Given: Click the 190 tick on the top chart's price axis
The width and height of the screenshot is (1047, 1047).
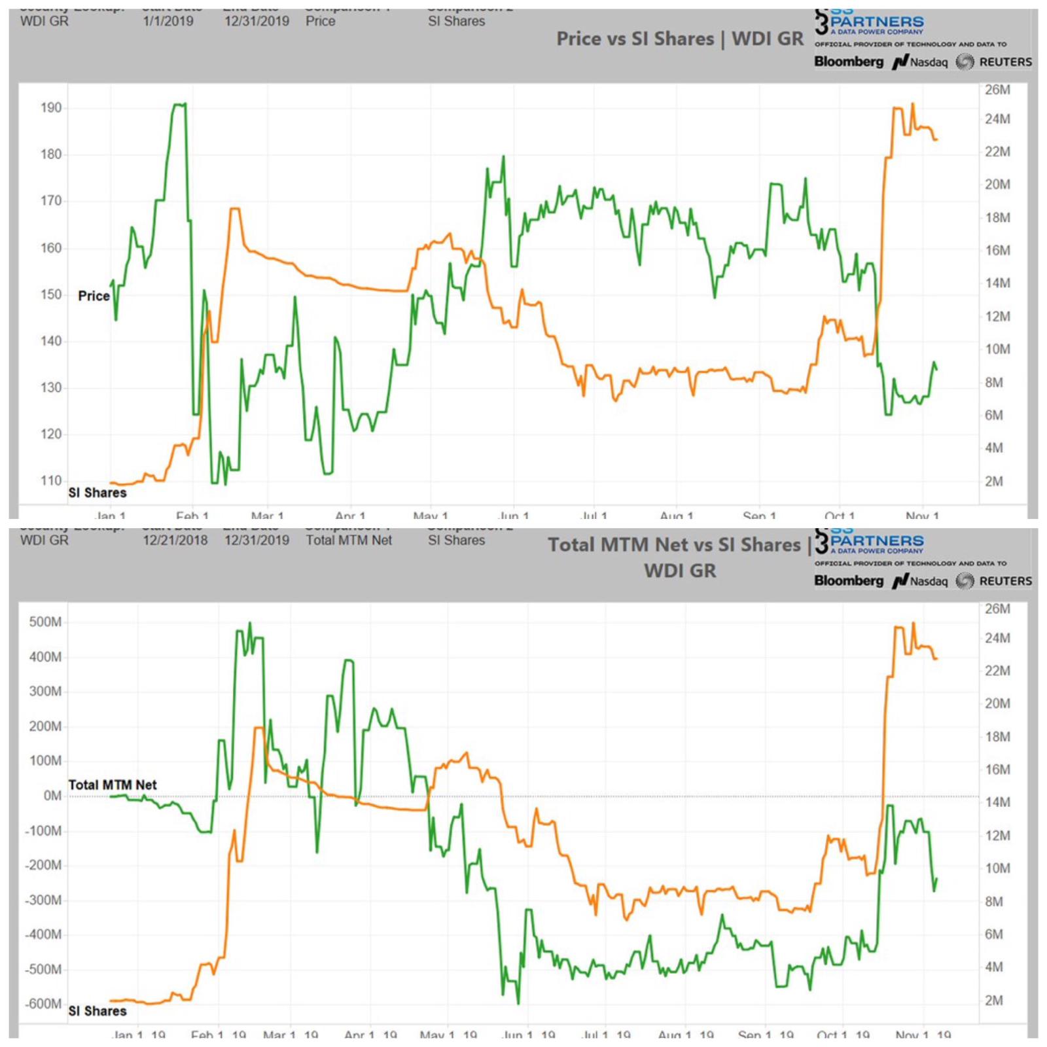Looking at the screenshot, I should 51,108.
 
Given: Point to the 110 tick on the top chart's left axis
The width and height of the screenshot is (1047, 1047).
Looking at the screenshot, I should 51,481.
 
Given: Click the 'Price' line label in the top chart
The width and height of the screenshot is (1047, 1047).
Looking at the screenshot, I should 94,296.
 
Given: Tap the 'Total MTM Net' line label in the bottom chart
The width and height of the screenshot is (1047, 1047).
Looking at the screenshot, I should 113,785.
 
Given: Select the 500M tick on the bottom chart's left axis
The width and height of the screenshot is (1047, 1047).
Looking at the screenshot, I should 44,622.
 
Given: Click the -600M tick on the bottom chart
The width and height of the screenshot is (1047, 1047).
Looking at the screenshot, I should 43,1004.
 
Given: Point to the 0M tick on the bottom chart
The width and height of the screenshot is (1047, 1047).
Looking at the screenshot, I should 52,796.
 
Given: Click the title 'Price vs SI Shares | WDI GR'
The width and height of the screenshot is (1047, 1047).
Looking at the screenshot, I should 679,39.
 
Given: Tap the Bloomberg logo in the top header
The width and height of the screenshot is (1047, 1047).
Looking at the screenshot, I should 848,62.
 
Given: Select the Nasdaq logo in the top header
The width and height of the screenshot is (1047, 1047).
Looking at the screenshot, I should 921,62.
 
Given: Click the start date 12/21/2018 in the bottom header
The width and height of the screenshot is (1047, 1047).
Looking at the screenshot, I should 175,541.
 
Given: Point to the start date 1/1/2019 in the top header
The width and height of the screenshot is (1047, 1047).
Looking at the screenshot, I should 168,21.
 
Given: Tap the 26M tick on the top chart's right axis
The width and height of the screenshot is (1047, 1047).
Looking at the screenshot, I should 997,90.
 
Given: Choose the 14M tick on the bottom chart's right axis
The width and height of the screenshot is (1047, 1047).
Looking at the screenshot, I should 997,802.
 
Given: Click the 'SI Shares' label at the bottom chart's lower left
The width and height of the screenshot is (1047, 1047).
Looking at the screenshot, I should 98,1011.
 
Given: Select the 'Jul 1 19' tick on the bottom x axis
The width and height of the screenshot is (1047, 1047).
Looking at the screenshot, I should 606,1035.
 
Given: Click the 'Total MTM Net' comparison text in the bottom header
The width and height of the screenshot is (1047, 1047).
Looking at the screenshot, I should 349,541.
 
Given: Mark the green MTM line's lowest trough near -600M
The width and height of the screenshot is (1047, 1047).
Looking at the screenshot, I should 518,1003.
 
